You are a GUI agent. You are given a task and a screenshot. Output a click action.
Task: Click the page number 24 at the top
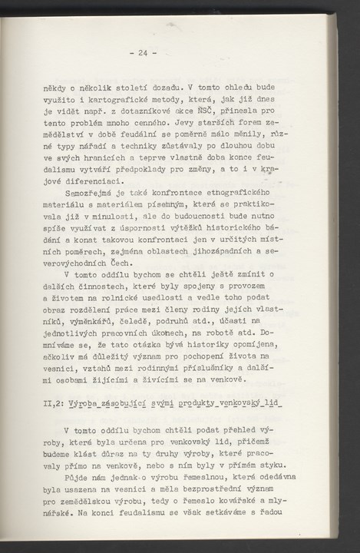(143, 53)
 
